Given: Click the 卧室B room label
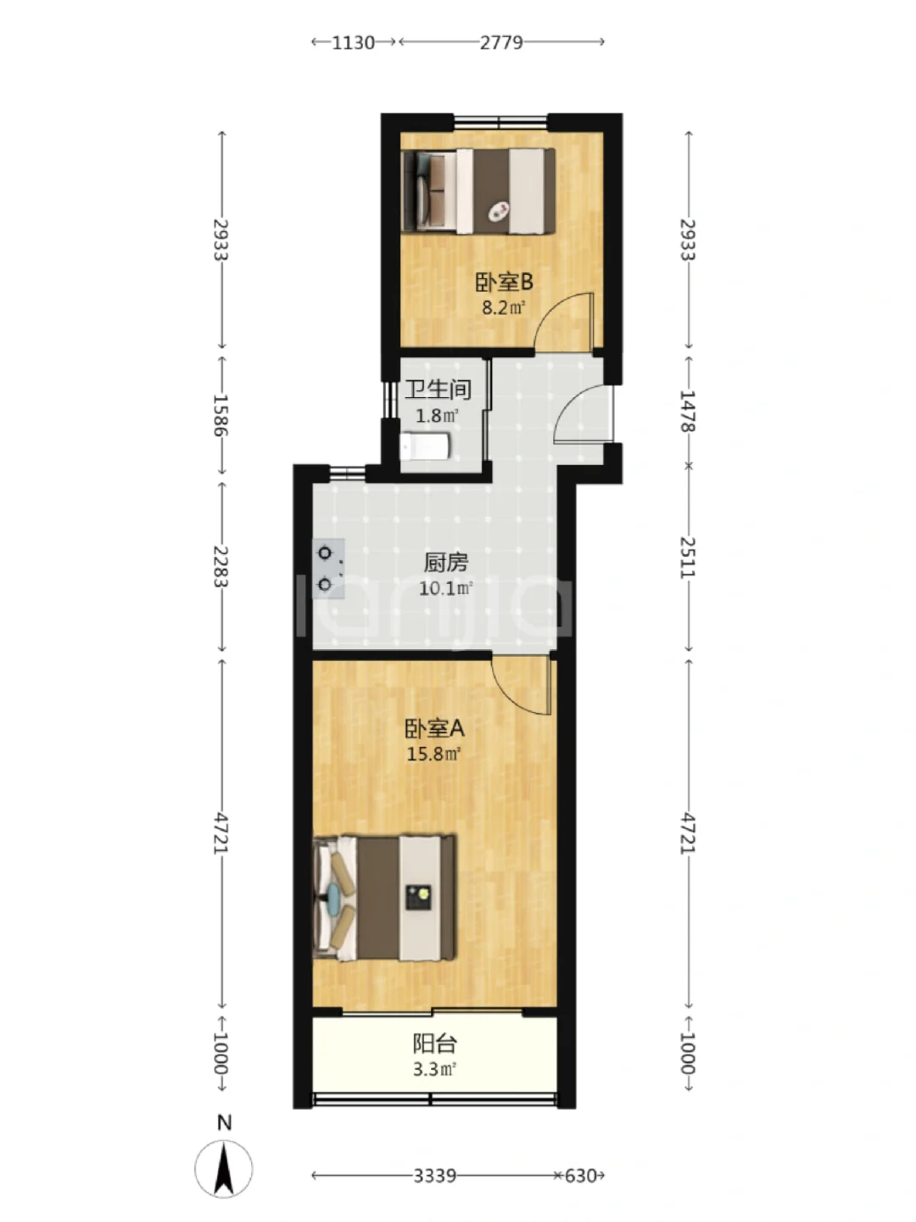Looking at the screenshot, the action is pyautogui.click(x=504, y=283).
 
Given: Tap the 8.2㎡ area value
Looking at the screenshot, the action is pyautogui.click(x=504, y=307).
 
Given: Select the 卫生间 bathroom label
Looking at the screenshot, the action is pyautogui.click(x=438, y=390).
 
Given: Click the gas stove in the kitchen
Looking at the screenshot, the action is pyautogui.click(x=328, y=569).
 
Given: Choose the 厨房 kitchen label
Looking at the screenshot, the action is pyautogui.click(x=446, y=563).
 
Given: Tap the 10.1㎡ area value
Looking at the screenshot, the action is pyautogui.click(x=446, y=588).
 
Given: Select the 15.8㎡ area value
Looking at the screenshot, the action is pyautogui.click(x=434, y=754).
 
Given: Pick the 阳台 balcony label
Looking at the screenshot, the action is pyautogui.click(x=435, y=1044).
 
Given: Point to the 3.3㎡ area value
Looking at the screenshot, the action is pyautogui.click(x=435, y=1069).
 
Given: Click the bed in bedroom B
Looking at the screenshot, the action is pyautogui.click(x=478, y=191).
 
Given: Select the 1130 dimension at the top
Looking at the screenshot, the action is pyautogui.click(x=353, y=42).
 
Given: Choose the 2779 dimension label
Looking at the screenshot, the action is pyautogui.click(x=501, y=42).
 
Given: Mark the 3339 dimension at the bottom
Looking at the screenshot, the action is pyautogui.click(x=435, y=1176).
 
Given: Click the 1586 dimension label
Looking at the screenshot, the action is pyautogui.click(x=221, y=415).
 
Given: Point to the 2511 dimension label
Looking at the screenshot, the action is pyautogui.click(x=689, y=558).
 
